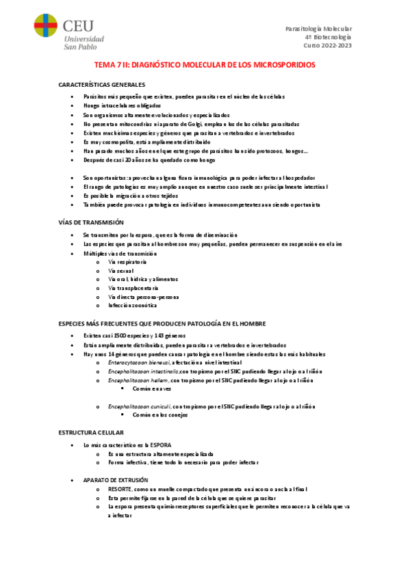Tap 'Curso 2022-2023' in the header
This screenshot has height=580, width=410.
click(326, 46)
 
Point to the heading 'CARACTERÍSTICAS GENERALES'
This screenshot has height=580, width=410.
click(102, 84)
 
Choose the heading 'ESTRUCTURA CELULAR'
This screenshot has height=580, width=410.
click(91, 433)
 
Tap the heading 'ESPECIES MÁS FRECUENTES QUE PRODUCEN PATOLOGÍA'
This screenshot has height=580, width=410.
click(162, 323)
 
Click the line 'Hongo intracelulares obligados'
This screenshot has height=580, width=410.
click(122, 106)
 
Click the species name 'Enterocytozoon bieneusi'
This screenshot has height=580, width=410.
click(140, 362)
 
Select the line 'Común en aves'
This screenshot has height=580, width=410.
click(153, 388)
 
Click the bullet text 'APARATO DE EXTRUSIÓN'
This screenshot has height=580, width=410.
click(115, 480)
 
